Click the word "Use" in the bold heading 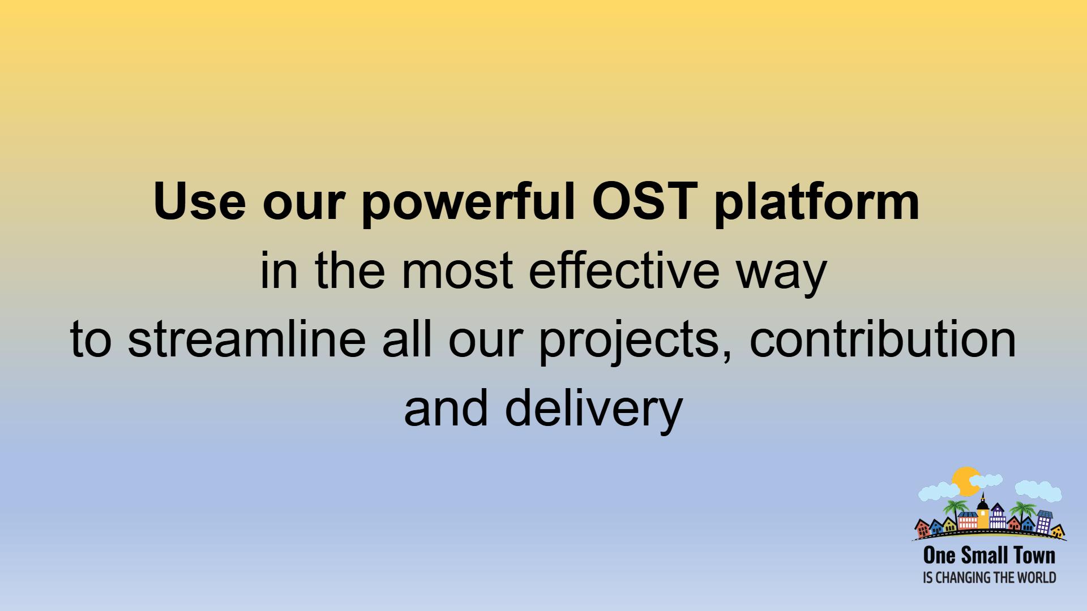click(x=199, y=203)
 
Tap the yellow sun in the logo click(x=965, y=481)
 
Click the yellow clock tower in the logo click(x=983, y=512)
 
